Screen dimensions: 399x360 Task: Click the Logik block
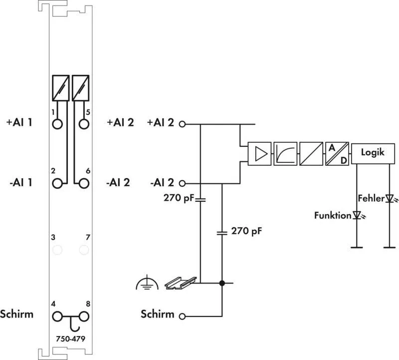pyautogui.click(x=373, y=153)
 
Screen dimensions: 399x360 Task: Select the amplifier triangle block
pyautogui.click(x=259, y=154)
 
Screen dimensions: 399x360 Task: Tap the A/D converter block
pyautogui.click(x=337, y=154)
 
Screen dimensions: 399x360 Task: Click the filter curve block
pyautogui.click(x=285, y=154)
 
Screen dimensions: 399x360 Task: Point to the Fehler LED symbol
pyautogui.click(x=390, y=198)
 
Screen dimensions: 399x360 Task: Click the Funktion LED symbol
pyautogui.click(x=358, y=216)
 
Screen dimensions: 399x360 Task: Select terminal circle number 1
pyautogui.click(x=57, y=124)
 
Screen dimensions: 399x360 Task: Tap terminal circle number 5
pyautogui.click(x=84, y=124)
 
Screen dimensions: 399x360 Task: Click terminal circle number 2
pyautogui.click(x=57, y=183)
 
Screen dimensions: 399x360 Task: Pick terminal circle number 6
pyautogui.click(x=84, y=183)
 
